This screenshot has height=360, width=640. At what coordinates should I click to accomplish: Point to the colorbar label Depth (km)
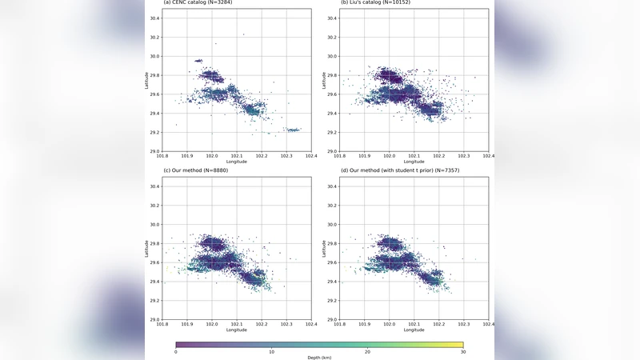click(319, 358)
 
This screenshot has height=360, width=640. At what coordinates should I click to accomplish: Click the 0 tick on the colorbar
click(176, 352)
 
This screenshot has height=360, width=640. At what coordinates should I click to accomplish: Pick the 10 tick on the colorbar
click(272, 352)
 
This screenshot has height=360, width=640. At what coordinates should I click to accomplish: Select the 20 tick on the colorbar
click(367, 352)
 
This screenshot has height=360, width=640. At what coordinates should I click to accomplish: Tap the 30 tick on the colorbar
click(463, 352)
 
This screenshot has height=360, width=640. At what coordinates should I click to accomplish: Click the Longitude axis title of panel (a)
click(236, 162)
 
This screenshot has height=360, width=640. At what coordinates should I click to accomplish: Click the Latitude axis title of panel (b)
click(324, 80)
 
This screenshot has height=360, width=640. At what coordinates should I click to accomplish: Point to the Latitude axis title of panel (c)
click(146, 249)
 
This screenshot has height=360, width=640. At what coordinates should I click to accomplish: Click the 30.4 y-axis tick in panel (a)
click(154, 18)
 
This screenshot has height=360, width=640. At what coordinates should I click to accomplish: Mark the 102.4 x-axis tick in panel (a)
click(310, 157)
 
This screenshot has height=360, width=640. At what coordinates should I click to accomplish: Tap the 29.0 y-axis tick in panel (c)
click(154, 320)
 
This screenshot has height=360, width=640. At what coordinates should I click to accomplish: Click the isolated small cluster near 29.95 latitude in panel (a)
click(198, 61)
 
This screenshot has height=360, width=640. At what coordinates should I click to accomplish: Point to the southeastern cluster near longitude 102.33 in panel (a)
click(293, 130)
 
